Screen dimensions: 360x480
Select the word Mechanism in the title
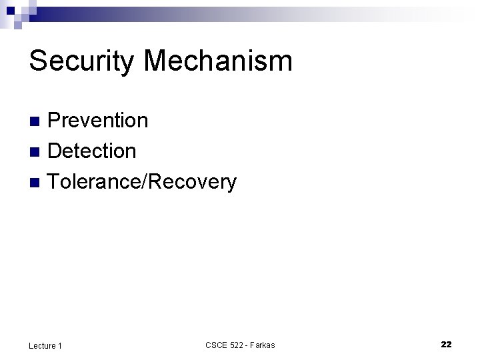pos(218,61)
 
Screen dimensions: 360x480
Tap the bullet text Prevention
pos(98,121)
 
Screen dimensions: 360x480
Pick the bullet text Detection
pos(92,151)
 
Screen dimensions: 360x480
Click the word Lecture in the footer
pos(42,345)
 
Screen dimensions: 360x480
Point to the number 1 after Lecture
pos(60,345)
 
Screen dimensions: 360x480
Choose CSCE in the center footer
pos(216,345)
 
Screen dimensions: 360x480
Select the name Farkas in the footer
pos(263,345)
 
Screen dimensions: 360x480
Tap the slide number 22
pos(446,344)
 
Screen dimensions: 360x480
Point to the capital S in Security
pos(37,61)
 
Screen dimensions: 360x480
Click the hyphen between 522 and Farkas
pos(248,345)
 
